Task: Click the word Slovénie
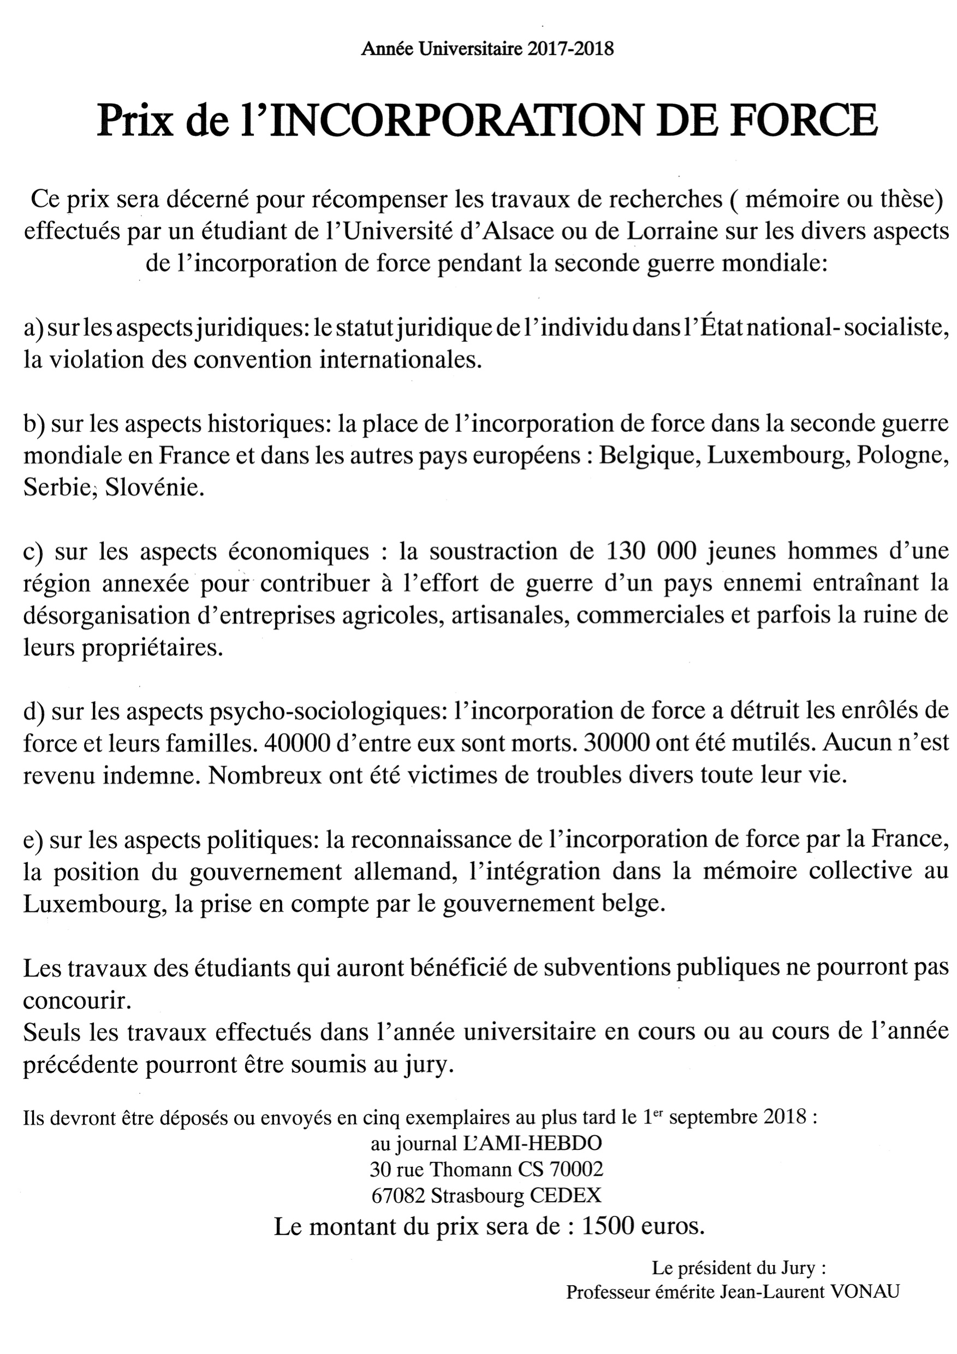tap(154, 488)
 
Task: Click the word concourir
tap(76, 1000)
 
